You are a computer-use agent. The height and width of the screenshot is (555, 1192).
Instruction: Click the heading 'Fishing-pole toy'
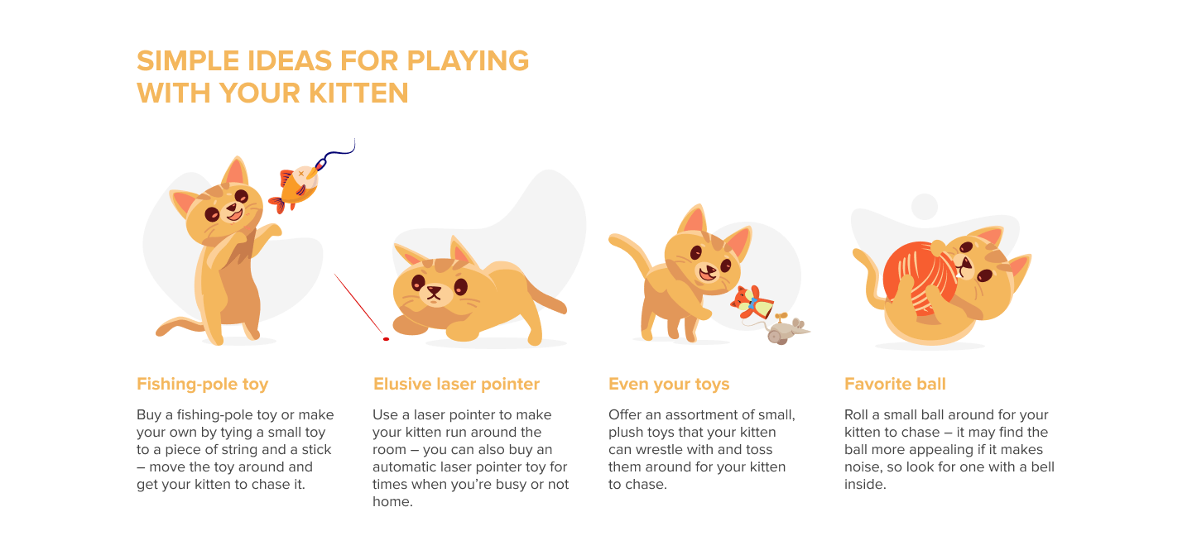point(202,384)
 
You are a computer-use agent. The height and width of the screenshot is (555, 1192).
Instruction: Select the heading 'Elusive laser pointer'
point(456,384)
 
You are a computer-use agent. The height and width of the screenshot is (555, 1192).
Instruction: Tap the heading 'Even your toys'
point(669,384)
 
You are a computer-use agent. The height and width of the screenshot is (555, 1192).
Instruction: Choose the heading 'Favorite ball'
point(895,384)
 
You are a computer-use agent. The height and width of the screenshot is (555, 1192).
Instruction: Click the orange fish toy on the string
point(297,187)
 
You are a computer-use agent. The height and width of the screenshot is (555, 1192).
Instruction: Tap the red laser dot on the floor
point(386,338)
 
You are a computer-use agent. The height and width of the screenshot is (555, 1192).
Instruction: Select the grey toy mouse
point(781,330)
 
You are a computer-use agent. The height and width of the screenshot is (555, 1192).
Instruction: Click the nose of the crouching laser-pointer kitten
point(431,290)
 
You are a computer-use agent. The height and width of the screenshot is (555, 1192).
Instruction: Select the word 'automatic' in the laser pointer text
point(403,467)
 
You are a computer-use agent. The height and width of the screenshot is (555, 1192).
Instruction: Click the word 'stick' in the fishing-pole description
point(315,450)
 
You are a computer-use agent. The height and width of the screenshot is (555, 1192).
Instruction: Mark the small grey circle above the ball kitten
point(924,207)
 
